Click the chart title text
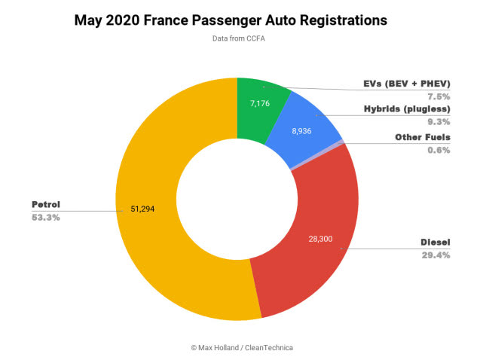click(241, 20)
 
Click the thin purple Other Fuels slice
click(341, 142)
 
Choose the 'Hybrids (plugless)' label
click(408, 110)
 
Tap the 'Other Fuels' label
click(423, 137)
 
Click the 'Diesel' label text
click(435, 243)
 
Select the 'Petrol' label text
click(46, 204)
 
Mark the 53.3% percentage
click(45, 218)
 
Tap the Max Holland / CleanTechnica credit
click(241, 347)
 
